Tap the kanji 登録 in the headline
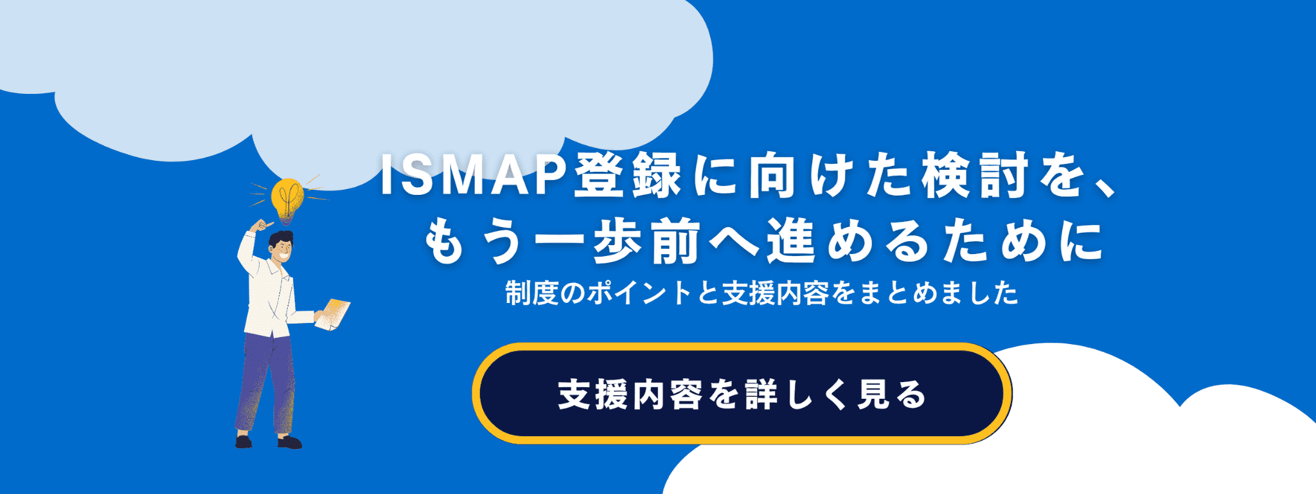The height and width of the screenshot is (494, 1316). pos(626,175)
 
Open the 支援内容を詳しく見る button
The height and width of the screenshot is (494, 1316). pos(742,394)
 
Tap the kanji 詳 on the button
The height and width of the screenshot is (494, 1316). pos(761,394)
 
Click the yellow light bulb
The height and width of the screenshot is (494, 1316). pos(287,198)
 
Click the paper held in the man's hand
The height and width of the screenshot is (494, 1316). pos(333,314)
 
